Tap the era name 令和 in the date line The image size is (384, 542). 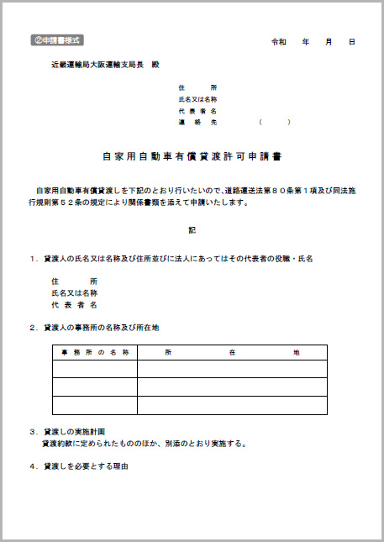pos(278,41)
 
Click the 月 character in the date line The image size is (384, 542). pos(329,41)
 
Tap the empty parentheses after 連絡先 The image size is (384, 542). pos(275,122)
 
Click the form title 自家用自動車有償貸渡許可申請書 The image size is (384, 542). pos(192,156)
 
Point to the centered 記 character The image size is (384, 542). pos(192,229)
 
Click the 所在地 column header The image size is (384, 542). pos(231,352)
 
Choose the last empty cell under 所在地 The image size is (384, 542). pos(231,405)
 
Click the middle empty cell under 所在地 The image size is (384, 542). pos(231,387)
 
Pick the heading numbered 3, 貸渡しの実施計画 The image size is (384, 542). pos(80,431)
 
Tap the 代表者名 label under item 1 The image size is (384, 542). pos(75,305)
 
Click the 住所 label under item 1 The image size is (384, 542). pos(75,281)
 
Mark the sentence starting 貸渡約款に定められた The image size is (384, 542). pos(143,443)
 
